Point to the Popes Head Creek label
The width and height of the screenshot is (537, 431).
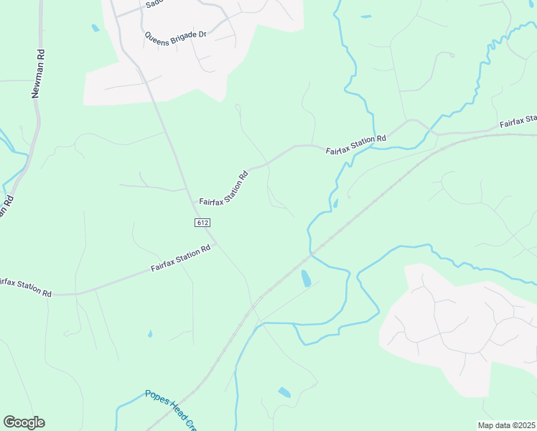170,410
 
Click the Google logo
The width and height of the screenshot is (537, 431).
24,422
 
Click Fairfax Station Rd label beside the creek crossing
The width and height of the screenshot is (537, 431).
355,144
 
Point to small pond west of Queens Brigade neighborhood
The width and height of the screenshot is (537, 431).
95,28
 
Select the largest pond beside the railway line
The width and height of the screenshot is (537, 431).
307,278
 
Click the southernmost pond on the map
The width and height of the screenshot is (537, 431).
284,392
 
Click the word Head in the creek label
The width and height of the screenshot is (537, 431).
178,413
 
